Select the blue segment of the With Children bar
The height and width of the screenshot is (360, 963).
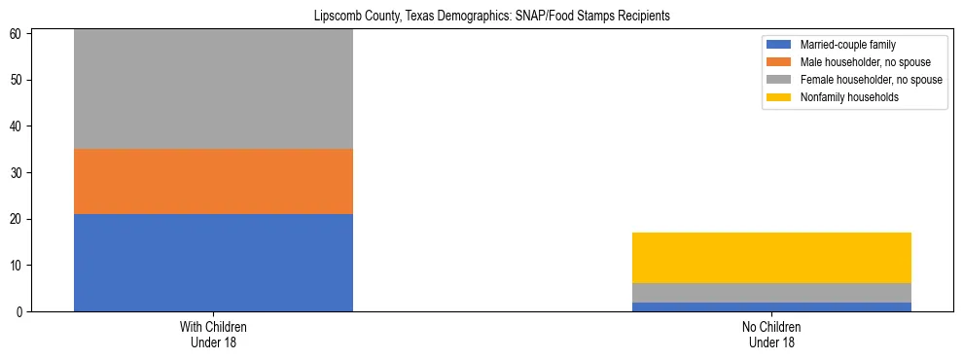pyautogui.click(x=213, y=263)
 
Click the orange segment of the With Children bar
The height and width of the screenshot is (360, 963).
pyautogui.click(x=213, y=181)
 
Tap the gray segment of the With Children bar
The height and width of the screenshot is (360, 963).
pyautogui.click(x=213, y=89)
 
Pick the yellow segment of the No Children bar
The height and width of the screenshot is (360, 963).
pyautogui.click(x=771, y=258)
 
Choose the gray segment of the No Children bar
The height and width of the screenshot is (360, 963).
pyautogui.click(x=771, y=293)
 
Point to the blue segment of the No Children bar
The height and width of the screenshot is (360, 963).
pyautogui.click(x=771, y=306)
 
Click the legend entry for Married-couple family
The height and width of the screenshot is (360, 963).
pyautogui.click(x=845, y=45)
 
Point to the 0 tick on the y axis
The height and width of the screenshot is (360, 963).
pyautogui.click(x=24, y=312)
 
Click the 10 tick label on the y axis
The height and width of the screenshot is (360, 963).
pyautogui.click(x=21, y=266)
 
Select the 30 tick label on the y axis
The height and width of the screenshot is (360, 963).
pyautogui.click(x=21, y=173)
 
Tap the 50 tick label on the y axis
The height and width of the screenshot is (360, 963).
pyautogui.click(x=21, y=80)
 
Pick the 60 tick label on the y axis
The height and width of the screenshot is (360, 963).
pyautogui.click(x=21, y=34)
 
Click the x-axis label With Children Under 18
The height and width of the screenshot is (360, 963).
pyautogui.click(x=213, y=334)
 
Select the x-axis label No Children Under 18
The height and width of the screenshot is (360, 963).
pyautogui.click(x=771, y=334)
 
